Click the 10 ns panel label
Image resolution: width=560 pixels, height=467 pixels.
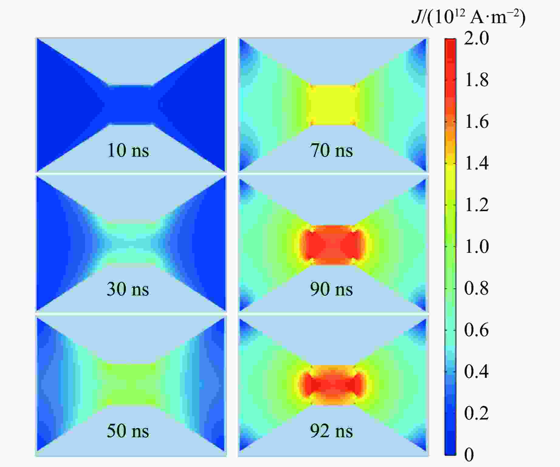(x=128, y=150)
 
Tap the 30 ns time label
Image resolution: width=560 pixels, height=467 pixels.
(x=128, y=289)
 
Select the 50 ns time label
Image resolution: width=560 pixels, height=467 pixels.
(x=128, y=431)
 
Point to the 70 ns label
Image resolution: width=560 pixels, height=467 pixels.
(x=331, y=150)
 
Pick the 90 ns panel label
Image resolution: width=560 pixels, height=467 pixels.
(x=331, y=289)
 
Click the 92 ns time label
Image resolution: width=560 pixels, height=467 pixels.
(x=331, y=431)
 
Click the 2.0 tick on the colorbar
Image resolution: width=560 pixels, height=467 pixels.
(x=476, y=38)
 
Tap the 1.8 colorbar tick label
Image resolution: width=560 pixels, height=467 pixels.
(x=476, y=80)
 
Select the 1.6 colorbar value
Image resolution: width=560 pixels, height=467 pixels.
(x=476, y=122)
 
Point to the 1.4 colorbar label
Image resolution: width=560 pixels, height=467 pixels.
(x=476, y=163)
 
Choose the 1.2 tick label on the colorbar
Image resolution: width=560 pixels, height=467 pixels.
(x=476, y=205)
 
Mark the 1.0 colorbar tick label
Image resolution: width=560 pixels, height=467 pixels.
(x=476, y=246)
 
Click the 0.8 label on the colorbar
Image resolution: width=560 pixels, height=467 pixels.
(x=476, y=288)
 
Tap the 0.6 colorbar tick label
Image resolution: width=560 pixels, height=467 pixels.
(x=476, y=330)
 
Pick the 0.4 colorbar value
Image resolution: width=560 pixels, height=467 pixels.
(x=476, y=371)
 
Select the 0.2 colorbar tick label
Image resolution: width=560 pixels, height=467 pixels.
(x=476, y=413)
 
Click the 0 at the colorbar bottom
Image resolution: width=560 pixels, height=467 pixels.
(x=469, y=455)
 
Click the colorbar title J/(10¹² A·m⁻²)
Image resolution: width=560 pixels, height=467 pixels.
(x=468, y=18)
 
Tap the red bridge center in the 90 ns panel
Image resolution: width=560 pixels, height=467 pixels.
(x=333, y=245)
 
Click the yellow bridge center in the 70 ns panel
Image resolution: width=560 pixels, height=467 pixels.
(x=333, y=105)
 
